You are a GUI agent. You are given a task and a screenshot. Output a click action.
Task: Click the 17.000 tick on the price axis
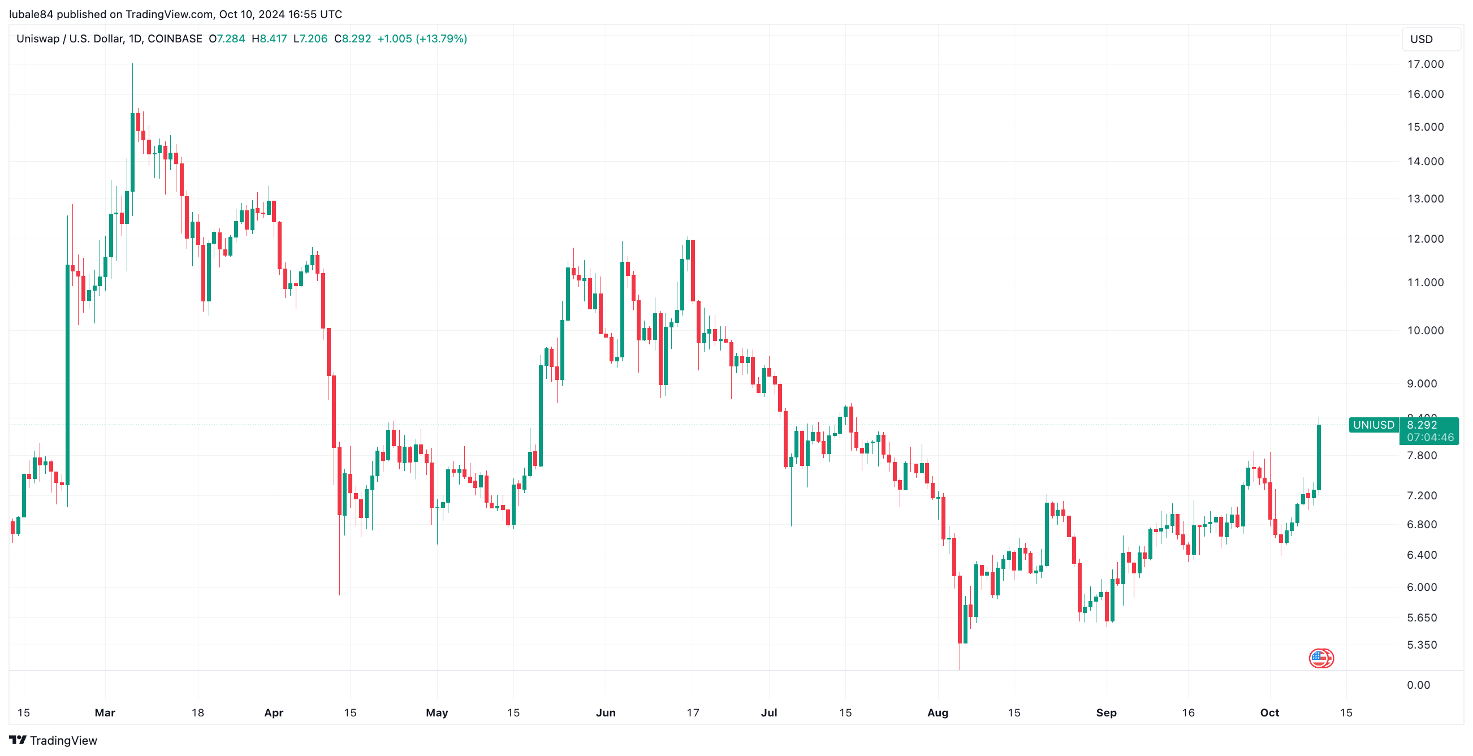pyautogui.click(x=1425, y=64)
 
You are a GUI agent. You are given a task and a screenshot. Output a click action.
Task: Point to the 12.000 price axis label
pyautogui.click(x=1425, y=239)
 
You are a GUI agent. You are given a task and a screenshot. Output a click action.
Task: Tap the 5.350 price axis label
pyautogui.click(x=1422, y=645)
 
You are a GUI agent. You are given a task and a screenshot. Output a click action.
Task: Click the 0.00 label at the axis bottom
pyautogui.click(x=1418, y=685)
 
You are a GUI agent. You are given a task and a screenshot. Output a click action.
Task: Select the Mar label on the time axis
pyautogui.click(x=105, y=713)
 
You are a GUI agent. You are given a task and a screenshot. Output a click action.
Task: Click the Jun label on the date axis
pyautogui.click(x=606, y=713)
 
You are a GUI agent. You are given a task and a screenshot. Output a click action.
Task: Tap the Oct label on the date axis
pyautogui.click(x=1269, y=713)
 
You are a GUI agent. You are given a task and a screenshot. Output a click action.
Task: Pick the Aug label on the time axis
pyautogui.click(x=937, y=713)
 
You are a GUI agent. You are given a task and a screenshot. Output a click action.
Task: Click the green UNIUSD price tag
pyautogui.click(x=1373, y=425)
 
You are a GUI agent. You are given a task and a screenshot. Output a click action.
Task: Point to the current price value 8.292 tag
pyautogui.click(x=1422, y=425)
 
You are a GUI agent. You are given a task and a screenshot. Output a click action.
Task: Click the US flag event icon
pyautogui.click(x=1321, y=658)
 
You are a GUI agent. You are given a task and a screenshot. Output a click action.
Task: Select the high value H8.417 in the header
pyautogui.click(x=269, y=39)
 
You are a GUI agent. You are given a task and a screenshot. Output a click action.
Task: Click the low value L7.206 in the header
pyautogui.click(x=310, y=39)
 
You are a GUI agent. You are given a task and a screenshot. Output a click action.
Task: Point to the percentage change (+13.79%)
pyautogui.click(x=442, y=39)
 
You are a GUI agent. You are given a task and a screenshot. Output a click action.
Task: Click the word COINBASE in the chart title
pyautogui.click(x=174, y=39)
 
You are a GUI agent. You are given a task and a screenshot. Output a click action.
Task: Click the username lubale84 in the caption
pyautogui.click(x=31, y=14)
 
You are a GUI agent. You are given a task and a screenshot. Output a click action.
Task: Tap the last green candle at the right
pyautogui.click(x=1319, y=457)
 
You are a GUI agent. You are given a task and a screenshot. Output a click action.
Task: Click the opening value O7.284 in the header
pyautogui.click(x=227, y=39)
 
